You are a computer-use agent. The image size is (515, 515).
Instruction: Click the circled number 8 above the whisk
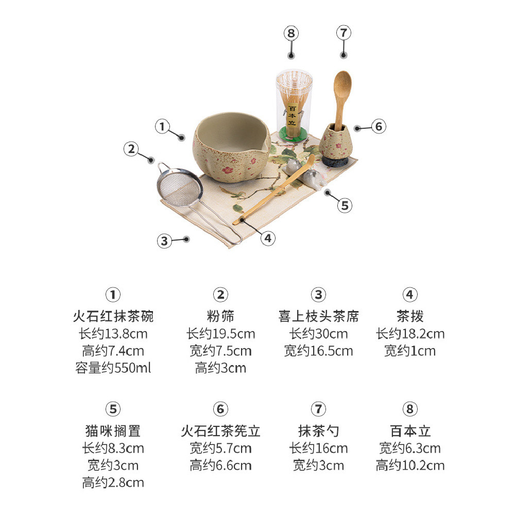(291, 33)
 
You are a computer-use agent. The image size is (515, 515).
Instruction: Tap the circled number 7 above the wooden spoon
(344, 32)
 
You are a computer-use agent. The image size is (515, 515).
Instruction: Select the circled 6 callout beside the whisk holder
(379, 127)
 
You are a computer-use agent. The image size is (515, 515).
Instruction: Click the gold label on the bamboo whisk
(292, 115)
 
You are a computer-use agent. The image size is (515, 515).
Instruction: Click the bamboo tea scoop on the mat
(274, 191)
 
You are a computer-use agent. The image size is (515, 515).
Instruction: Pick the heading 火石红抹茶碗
(113, 316)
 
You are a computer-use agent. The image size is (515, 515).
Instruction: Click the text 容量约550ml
(113, 368)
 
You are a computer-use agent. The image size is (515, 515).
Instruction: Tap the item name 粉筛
(220, 316)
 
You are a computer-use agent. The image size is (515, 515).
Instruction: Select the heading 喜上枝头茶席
(318, 316)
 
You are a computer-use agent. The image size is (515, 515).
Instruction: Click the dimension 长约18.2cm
(410, 334)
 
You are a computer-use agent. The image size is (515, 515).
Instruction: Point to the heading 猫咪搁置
(113, 431)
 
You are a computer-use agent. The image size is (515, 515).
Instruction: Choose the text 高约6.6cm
(220, 466)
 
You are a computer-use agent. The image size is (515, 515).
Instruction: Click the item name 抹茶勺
(318, 431)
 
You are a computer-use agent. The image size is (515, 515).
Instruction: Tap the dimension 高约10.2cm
(410, 466)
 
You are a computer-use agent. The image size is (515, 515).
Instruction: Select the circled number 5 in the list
(113, 409)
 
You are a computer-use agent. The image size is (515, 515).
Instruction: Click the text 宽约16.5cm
(318, 351)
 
